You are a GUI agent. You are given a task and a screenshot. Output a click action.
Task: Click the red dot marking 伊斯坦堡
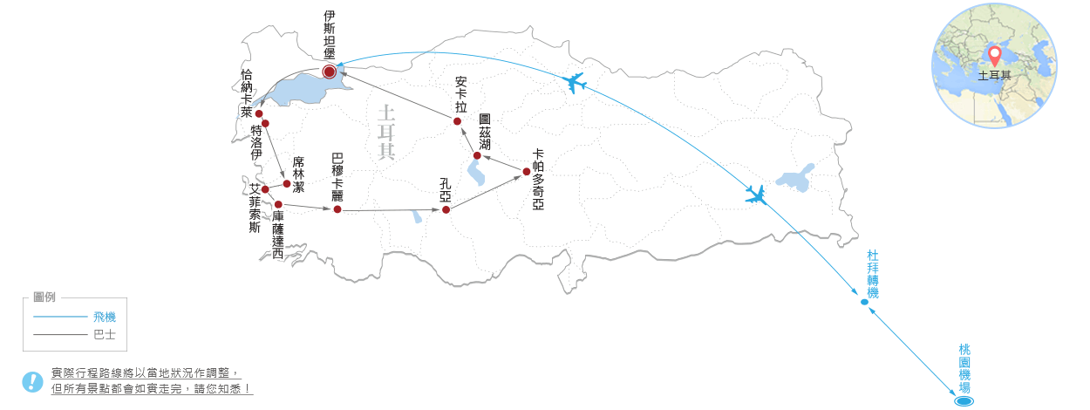click(x=330, y=72)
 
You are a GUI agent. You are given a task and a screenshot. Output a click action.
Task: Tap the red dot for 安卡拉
click(x=458, y=121)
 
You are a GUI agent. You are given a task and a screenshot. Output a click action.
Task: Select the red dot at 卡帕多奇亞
click(x=527, y=171)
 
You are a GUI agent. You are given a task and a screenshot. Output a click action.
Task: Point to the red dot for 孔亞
click(x=446, y=209)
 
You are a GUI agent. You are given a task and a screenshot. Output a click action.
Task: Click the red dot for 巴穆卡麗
click(x=337, y=209)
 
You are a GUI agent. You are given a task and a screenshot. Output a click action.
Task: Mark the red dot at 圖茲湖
click(x=477, y=156)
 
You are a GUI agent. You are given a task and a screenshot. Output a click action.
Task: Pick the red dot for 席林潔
click(x=287, y=183)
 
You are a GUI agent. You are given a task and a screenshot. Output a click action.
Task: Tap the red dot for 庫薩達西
click(x=278, y=204)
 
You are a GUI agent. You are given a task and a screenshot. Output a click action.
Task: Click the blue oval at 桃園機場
click(x=964, y=401)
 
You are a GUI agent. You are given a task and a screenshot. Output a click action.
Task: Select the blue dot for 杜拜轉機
click(x=864, y=302)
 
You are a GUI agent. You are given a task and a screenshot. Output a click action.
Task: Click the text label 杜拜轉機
click(x=873, y=274)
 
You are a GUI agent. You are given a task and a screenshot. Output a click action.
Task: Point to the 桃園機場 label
click(x=964, y=369)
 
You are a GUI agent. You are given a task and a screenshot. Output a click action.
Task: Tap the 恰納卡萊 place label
click(x=247, y=93)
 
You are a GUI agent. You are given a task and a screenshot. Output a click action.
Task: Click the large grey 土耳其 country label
click(x=386, y=132)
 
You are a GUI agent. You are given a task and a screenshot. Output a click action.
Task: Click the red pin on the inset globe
click(x=995, y=57)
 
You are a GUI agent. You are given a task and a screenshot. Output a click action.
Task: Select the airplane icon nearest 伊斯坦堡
click(x=574, y=82)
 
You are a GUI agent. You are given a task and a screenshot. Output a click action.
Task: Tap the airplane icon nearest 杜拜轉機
click(x=756, y=195)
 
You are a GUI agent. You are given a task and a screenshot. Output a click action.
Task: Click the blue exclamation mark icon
click(x=32, y=382)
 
